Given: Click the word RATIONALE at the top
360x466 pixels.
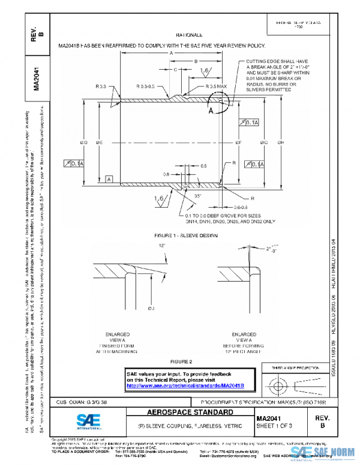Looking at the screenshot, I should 188,35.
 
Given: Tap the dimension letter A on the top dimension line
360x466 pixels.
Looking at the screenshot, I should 171,53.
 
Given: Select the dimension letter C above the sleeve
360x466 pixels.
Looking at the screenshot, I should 176,70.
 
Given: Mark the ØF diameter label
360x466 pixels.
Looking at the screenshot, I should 238,142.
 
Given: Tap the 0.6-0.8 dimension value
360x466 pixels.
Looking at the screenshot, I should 241,207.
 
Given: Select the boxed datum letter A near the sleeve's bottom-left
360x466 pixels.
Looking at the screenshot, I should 109,179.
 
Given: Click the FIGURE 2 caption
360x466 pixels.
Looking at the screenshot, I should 181,362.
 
